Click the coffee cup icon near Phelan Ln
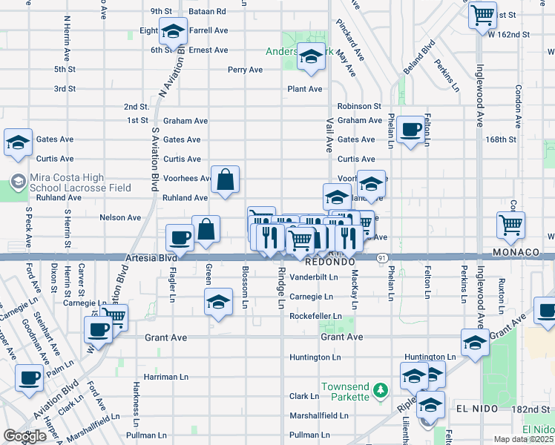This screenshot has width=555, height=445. tap(409, 131)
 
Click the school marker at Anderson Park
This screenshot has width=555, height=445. tap(311, 56)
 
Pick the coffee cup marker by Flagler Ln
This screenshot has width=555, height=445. tap(180, 237)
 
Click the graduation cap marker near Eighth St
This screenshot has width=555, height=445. tap(172, 32)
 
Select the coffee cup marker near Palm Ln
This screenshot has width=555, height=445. tap(29, 378)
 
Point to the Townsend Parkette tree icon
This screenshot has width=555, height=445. tap(380, 389)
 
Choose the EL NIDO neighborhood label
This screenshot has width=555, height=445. tap(474, 409)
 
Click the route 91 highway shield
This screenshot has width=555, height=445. tap(381, 257)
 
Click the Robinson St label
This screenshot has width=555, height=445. tap(358, 107)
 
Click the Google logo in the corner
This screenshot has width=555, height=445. tap(24, 436)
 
